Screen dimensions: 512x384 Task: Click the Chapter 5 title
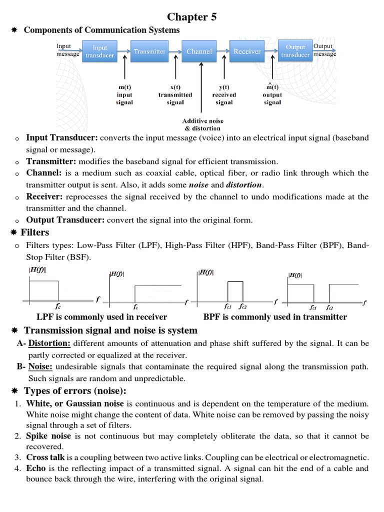192,17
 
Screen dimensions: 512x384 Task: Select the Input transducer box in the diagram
99,51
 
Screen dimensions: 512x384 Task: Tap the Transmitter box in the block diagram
149,51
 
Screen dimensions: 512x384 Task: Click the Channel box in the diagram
199,51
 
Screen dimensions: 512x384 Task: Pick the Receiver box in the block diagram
247,51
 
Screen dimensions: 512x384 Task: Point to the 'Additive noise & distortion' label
202,124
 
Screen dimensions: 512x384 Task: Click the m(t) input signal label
124,94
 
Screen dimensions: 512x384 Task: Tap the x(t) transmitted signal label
175,94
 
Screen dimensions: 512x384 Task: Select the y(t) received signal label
224,94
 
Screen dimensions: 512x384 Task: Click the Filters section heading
34,232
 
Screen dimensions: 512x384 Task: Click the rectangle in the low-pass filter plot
44,290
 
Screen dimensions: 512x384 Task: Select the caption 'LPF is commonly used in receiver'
102,316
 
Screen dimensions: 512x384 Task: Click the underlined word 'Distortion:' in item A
49,343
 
